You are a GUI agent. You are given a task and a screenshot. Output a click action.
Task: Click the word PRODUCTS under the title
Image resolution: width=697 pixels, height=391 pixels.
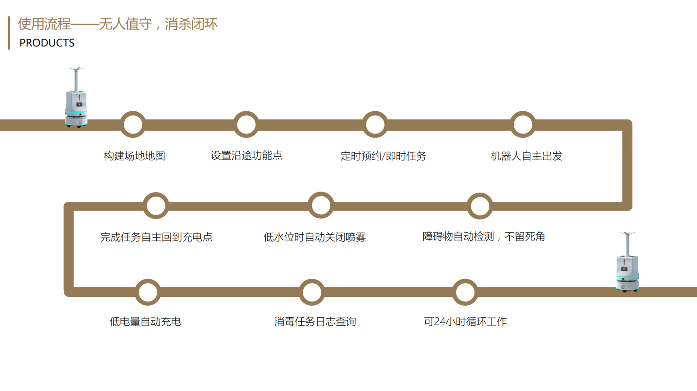(47, 43)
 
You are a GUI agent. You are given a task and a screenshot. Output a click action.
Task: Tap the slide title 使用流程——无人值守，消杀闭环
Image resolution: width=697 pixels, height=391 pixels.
(118, 24)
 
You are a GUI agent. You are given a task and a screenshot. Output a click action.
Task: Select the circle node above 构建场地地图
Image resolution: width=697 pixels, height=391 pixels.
(133, 124)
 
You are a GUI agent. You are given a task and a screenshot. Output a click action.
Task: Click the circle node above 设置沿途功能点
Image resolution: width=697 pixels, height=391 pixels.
(246, 124)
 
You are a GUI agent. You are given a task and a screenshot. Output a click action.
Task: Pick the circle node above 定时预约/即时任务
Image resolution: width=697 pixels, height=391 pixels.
(375, 124)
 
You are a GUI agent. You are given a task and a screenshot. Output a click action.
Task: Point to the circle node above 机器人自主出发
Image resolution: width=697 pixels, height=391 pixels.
(523, 124)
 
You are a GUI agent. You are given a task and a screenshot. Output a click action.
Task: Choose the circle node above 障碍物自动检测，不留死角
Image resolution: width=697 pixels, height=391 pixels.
(480, 206)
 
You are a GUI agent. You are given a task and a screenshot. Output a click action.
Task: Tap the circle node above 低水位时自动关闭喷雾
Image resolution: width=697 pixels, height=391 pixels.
(321, 205)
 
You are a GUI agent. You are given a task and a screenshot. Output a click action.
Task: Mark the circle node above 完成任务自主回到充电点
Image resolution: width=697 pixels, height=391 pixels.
(156, 206)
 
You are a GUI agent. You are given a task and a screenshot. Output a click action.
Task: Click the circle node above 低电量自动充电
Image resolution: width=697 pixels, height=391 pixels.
(148, 292)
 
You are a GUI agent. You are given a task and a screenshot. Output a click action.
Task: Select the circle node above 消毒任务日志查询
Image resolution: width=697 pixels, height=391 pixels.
(312, 292)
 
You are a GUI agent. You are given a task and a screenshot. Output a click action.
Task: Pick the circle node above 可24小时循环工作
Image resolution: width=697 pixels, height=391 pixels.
(465, 292)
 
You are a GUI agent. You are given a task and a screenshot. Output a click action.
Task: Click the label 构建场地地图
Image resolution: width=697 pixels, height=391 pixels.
(134, 156)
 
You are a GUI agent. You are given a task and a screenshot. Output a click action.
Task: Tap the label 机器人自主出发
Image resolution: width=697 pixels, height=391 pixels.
(526, 156)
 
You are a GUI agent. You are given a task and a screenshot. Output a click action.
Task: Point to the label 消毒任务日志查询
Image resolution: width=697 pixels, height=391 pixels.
(315, 321)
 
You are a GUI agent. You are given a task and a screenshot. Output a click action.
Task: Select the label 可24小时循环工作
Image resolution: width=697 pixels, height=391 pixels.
(465, 321)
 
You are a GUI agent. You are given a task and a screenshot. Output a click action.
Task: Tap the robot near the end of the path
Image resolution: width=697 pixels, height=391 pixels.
(627, 265)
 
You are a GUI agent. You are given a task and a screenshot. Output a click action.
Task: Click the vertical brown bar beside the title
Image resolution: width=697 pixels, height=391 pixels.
(9, 33)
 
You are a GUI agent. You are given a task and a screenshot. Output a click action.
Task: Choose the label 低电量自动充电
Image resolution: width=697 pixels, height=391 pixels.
(145, 321)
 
